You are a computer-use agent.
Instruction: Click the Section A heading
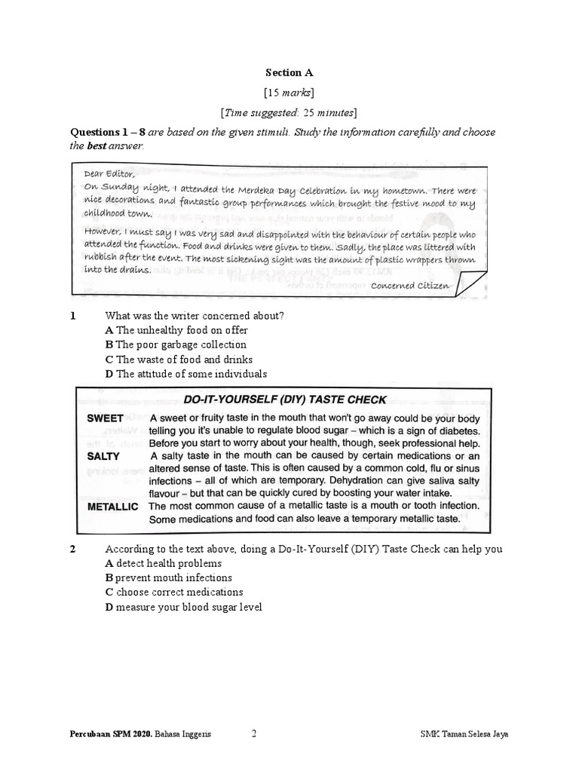288,73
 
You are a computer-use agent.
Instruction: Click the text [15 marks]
289,93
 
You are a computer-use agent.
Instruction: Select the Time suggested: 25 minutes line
289,113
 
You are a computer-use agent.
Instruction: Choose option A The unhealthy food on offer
176,330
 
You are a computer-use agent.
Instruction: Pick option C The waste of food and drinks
179,360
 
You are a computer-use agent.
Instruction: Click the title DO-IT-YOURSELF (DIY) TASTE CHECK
285,400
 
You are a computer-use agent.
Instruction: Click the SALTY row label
103,456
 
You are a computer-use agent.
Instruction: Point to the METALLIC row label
112,507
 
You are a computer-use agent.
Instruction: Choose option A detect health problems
164,563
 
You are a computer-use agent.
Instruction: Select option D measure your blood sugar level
183,608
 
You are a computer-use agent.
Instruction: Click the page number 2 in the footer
254,732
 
